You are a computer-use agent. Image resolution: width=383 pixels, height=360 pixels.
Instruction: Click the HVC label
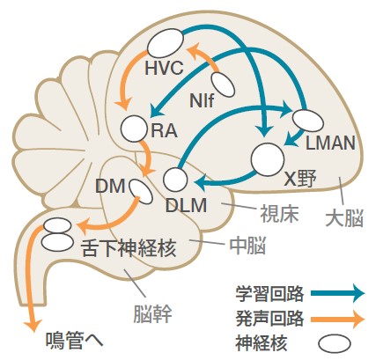tap(164, 68)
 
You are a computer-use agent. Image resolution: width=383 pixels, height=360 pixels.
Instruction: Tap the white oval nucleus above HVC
tap(166, 43)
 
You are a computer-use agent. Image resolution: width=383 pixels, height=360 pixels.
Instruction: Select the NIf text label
tap(202, 100)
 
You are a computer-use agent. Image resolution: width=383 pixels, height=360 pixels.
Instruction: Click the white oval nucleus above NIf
tap(223, 84)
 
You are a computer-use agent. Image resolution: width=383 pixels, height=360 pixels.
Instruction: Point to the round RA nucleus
tap(134, 129)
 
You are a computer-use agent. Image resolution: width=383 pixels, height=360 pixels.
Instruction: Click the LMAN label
tap(330, 143)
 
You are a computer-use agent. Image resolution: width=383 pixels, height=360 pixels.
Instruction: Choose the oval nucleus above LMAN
tap(308, 121)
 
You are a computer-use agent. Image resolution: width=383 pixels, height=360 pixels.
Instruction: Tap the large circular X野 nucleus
tap(268, 159)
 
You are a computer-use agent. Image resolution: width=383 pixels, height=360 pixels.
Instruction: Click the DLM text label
tap(186, 205)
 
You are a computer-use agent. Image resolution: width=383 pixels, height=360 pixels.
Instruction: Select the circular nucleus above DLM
tap(175, 180)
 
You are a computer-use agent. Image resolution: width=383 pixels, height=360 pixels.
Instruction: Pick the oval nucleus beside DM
tap(141, 191)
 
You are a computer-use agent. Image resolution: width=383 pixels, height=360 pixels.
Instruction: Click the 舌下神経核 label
tap(129, 248)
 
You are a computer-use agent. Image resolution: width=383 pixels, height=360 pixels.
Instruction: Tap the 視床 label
tap(279, 214)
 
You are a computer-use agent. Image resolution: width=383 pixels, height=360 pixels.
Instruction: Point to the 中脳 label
tap(247, 246)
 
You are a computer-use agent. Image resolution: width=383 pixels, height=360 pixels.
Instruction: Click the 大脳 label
tap(344, 217)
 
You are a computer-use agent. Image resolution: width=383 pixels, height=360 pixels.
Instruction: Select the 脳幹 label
tap(152, 314)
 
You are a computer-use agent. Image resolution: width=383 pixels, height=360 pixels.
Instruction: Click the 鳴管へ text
tap(75, 341)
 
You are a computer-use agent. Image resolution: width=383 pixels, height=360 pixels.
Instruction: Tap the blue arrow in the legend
tap(338, 293)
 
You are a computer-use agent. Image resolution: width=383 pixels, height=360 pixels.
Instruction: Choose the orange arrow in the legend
tap(338, 319)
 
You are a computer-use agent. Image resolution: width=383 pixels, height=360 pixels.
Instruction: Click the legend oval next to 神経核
tap(335, 344)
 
